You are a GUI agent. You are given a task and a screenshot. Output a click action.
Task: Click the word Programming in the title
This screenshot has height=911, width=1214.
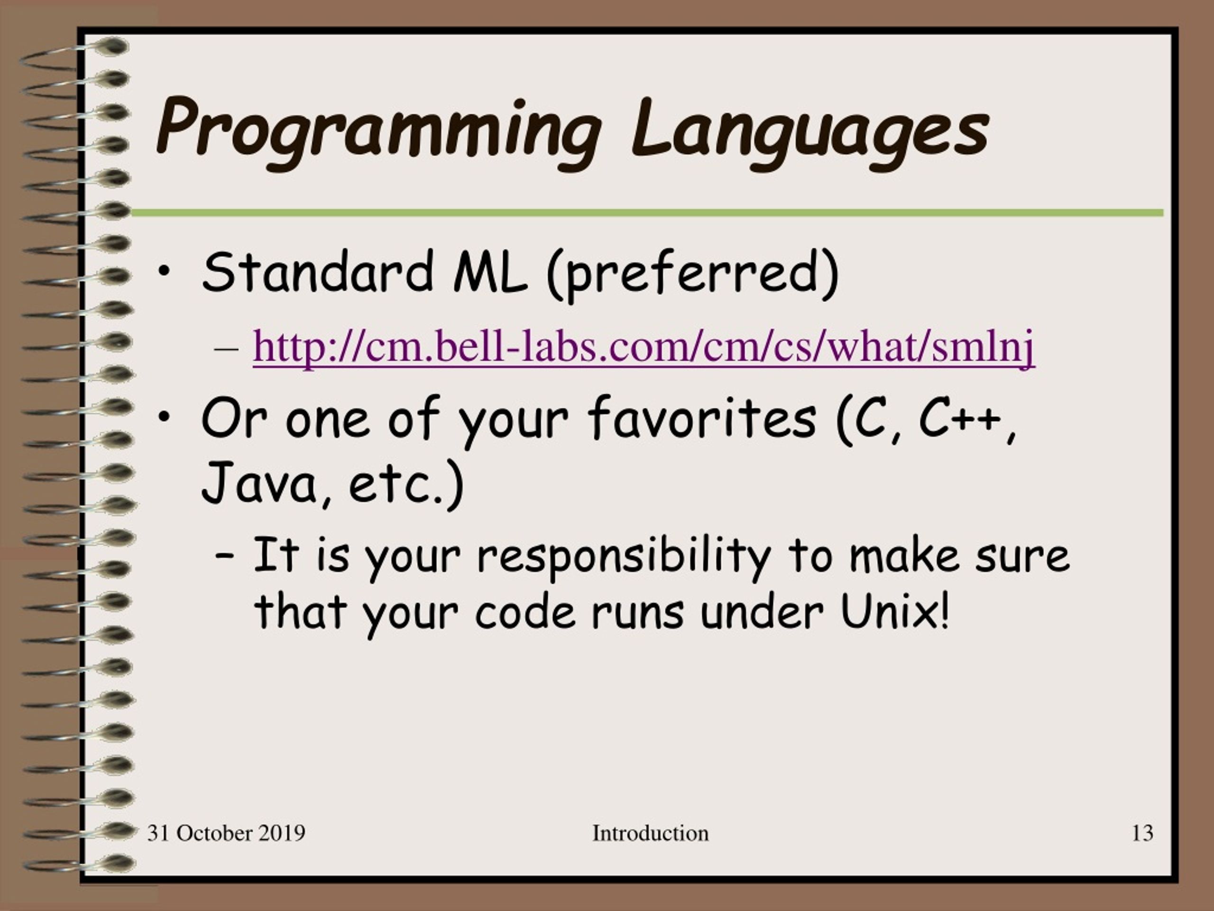click(378, 132)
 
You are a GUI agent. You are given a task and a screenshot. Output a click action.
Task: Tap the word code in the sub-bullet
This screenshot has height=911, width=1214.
click(525, 612)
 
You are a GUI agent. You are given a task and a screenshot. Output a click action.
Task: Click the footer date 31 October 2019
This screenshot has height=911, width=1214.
click(226, 833)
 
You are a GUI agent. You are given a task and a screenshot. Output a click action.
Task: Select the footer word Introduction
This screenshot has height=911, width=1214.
click(650, 833)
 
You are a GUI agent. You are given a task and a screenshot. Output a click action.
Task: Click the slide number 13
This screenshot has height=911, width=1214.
click(1142, 833)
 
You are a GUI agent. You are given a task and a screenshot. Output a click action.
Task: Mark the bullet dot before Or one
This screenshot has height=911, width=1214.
click(164, 418)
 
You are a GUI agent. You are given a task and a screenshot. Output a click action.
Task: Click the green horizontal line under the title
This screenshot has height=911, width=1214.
click(646, 213)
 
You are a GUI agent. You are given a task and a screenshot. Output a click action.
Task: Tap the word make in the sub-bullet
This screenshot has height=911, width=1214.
click(904, 556)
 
